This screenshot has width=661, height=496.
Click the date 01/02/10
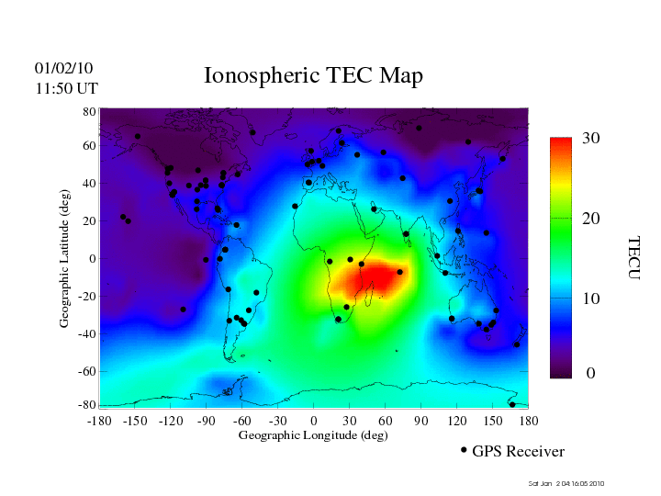(x=63, y=68)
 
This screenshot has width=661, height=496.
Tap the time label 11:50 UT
(x=67, y=88)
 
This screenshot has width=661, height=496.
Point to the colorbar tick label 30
(x=591, y=139)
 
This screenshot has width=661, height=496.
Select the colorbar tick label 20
(x=591, y=220)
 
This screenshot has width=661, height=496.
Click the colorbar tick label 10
(x=591, y=299)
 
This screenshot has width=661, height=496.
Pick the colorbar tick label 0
(x=591, y=374)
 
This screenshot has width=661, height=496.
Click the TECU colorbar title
(x=633, y=258)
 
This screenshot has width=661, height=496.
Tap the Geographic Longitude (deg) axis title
(x=313, y=435)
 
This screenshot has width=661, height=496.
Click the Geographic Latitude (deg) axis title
(x=65, y=265)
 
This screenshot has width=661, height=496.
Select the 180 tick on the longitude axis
(x=529, y=420)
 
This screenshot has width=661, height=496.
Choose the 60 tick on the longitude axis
(x=385, y=420)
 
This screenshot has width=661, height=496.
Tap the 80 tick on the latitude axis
(x=90, y=110)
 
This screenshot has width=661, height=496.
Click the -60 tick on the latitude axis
(x=88, y=371)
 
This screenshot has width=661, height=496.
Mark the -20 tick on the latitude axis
(x=88, y=297)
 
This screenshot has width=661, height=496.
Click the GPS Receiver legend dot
(x=464, y=450)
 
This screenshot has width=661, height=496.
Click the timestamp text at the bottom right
(x=566, y=484)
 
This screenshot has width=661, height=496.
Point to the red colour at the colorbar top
(x=561, y=143)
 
